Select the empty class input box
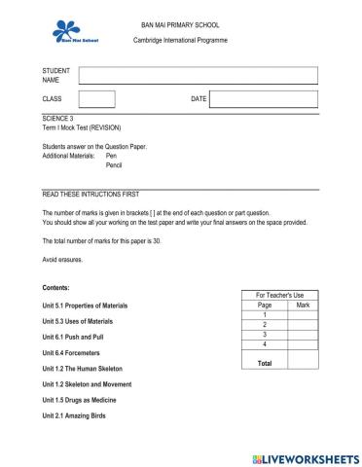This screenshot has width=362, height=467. (96, 99)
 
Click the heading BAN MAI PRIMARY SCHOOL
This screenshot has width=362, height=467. (180, 23)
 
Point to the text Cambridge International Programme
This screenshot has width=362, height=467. (180, 41)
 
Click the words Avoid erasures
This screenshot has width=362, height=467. (63, 260)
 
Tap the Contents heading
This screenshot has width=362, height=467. (56, 288)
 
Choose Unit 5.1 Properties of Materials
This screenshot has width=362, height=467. (85, 305)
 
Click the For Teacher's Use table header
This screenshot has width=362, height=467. (279, 295)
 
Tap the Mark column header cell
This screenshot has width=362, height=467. (303, 305)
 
